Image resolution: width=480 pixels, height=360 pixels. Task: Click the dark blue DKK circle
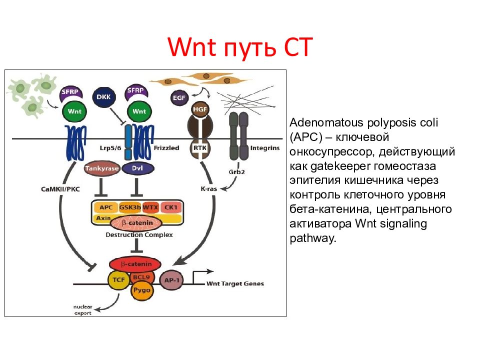[x=104, y=97]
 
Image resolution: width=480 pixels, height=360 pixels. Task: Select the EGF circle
[x=179, y=98]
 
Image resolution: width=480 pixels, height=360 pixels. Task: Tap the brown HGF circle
[x=200, y=109]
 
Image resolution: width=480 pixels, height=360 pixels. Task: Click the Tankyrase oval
[x=102, y=168]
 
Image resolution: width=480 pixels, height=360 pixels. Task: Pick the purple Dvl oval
[x=138, y=168]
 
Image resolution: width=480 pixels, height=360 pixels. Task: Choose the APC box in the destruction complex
[x=106, y=207]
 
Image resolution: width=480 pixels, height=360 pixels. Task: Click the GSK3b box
[x=130, y=207]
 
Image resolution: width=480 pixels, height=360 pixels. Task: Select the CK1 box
[x=171, y=207]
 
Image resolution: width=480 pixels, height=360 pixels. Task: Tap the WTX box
[x=150, y=207]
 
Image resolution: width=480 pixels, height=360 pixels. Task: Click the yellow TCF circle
[x=119, y=280]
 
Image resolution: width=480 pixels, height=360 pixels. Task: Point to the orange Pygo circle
[x=141, y=290]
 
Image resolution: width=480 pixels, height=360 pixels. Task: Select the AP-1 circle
[x=171, y=280]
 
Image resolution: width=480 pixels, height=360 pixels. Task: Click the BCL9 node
[x=141, y=277]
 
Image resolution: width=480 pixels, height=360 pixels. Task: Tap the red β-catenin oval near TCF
[x=135, y=264]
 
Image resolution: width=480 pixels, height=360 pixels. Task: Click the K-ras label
[x=209, y=189]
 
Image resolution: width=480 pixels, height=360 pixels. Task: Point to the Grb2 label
[x=237, y=171]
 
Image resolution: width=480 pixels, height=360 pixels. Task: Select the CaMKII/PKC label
[x=60, y=189]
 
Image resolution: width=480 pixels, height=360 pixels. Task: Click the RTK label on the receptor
[x=200, y=148]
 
